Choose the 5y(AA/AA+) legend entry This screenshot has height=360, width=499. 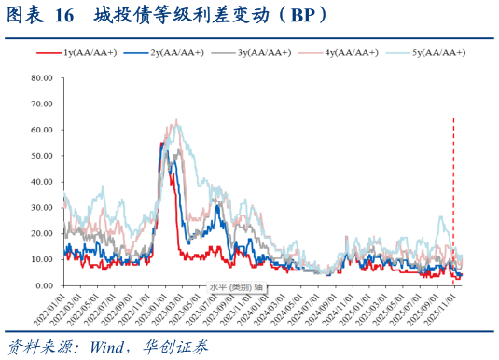[x=434, y=53]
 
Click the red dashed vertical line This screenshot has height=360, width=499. [x=453, y=187]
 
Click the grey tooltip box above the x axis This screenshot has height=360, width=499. [x=235, y=286]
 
